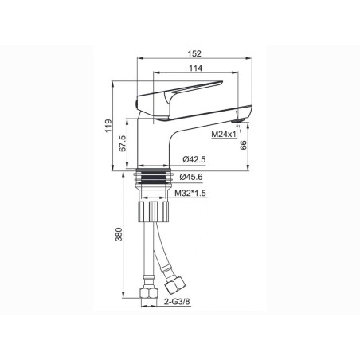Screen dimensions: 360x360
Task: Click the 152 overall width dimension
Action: [x=194, y=53]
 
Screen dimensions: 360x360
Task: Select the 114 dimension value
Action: [x=196, y=68]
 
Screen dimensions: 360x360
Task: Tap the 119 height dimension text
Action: [x=108, y=126]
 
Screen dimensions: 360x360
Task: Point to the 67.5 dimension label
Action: [x=123, y=143]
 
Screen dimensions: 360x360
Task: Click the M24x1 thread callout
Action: [x=224, y=134]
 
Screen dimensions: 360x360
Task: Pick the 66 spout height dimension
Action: [x=243, y=145]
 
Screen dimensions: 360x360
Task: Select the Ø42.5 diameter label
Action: [x=194, y=159]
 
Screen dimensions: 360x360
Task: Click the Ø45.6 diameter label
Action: [x=191, y=177]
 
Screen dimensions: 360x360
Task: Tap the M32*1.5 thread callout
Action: [x=190, y=194]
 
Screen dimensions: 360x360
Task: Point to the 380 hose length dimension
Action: [x=119, y=234]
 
